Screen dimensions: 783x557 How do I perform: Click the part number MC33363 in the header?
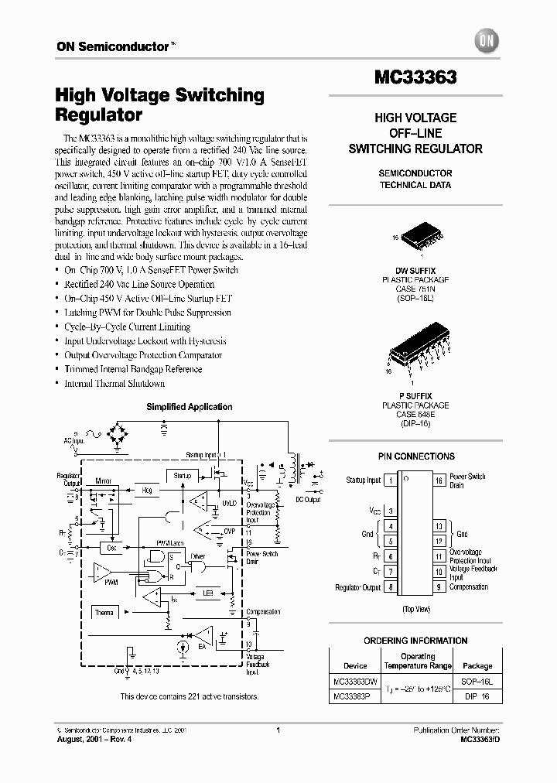(x=416, y=78)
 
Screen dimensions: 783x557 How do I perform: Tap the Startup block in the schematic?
(x=182, y=476)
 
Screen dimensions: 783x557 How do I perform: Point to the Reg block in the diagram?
(x=147, y=491)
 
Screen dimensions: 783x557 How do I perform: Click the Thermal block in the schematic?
(x=104, y=613)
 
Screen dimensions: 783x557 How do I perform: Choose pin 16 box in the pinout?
(x=439, y=480)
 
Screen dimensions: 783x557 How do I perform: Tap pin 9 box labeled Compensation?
(x=439, y=587)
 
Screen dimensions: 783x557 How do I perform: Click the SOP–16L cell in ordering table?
(x=477, y=682)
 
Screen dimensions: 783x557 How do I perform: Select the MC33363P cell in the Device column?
(x=354, y=696)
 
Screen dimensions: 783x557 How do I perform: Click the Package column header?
(x=477, y=665)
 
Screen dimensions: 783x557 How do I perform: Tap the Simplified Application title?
(x=189, y=407)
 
